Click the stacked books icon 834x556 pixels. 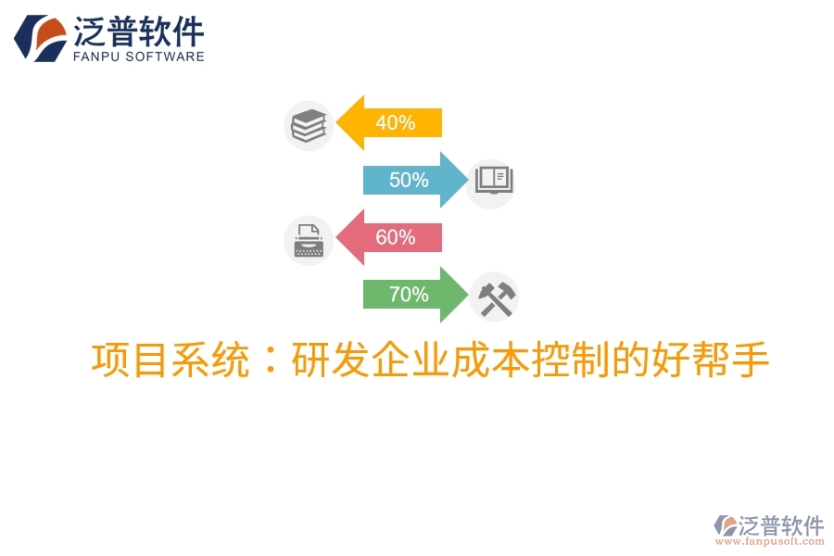tap(309, 126)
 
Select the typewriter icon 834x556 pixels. tap(308, 241)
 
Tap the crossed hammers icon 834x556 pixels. tap(494, 297)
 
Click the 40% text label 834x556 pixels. tap(395, 122)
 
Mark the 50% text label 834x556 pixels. tap(409, 180)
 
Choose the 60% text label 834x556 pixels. tap(395, 237)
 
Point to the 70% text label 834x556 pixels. tap(409, 295)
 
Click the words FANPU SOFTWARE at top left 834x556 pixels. tap(138, 57)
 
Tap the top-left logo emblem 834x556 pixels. tap(39, 38)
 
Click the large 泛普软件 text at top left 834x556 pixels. tap(138, 32)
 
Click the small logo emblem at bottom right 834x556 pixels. tap(725, 526)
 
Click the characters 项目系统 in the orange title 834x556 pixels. tap(171, 360)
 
